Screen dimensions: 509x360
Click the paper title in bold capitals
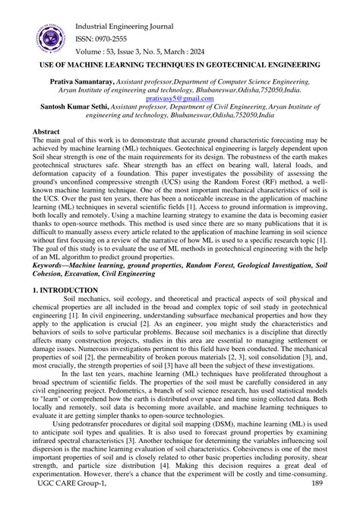179,65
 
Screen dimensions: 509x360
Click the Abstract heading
46,131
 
